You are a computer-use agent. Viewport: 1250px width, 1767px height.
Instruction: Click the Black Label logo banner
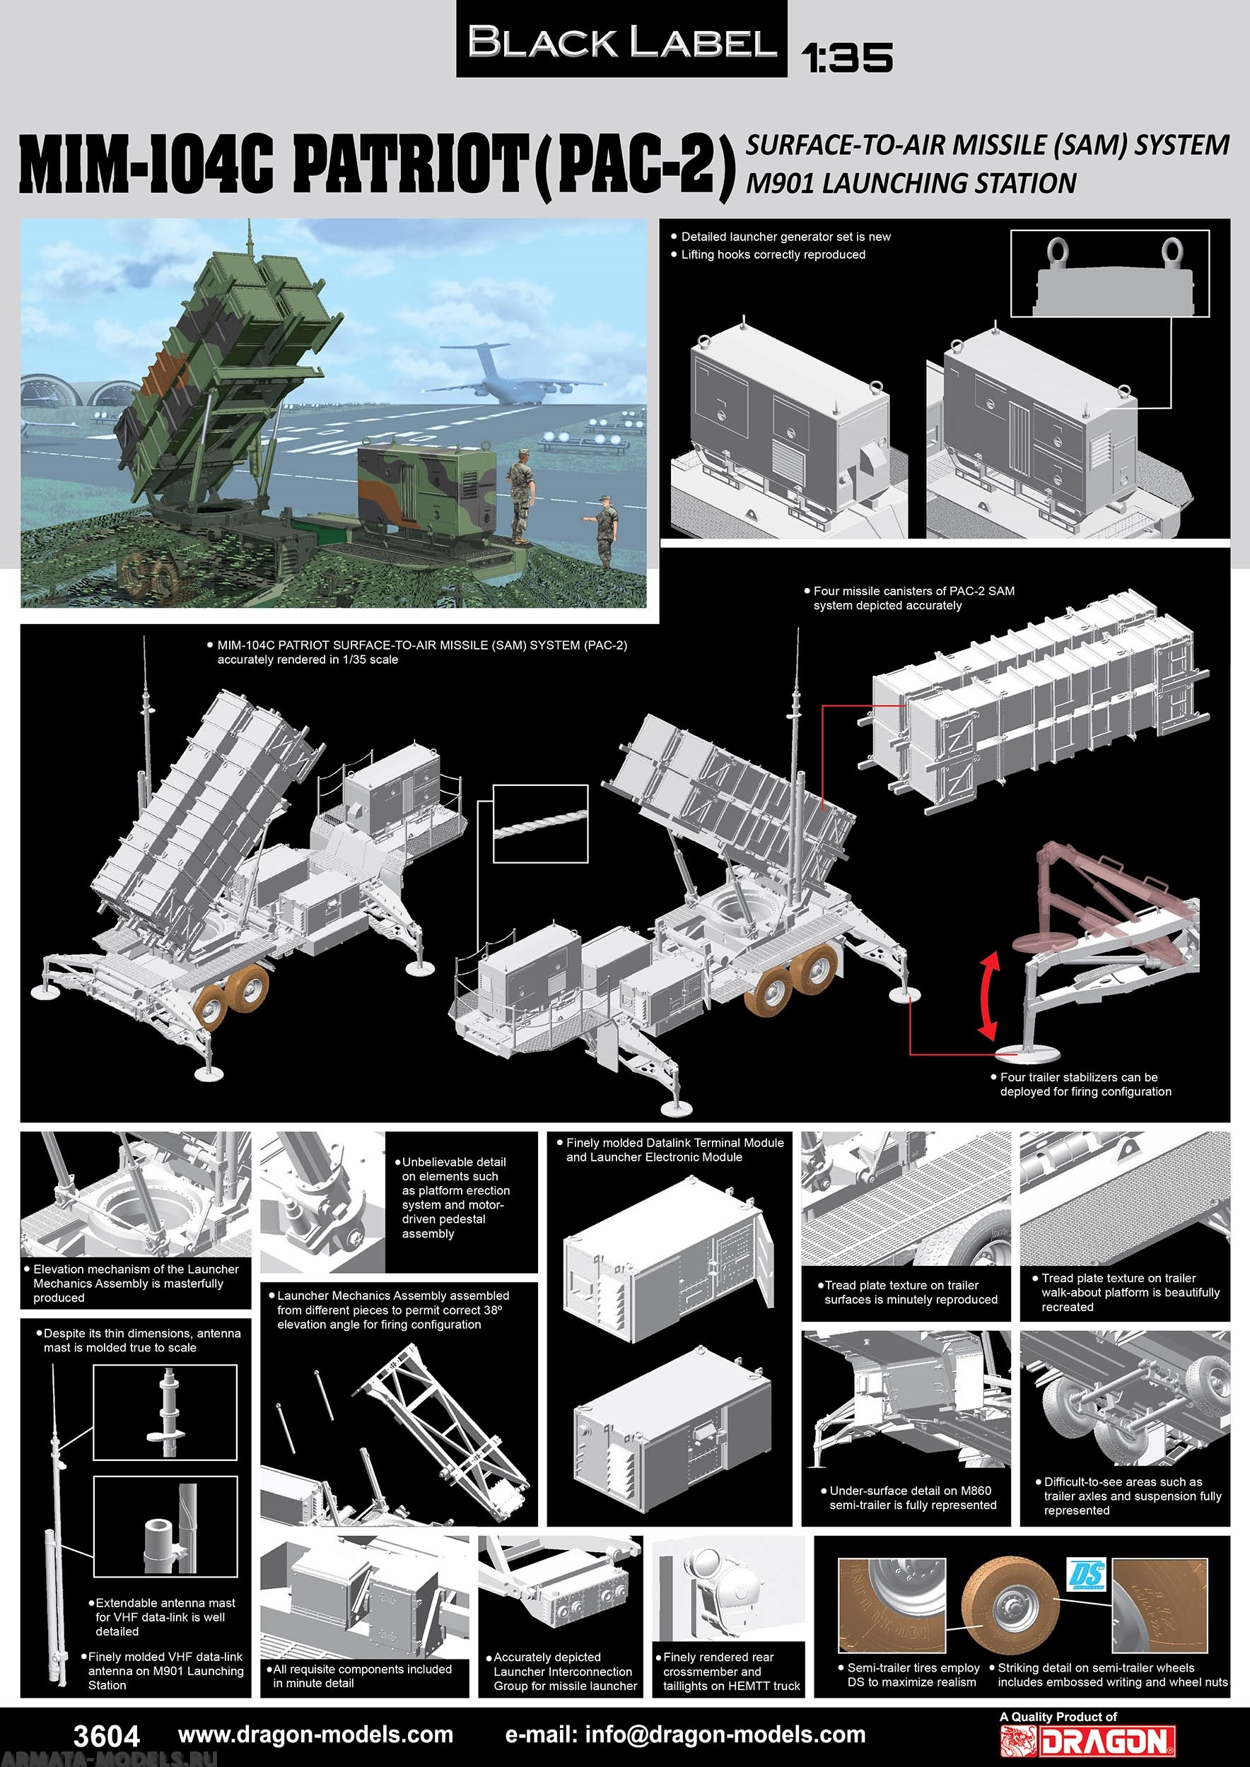tap(621, 40)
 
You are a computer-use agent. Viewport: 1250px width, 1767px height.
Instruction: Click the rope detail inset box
tap(539, 824)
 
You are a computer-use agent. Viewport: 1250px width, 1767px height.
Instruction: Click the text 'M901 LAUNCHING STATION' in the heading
tap(911, 183)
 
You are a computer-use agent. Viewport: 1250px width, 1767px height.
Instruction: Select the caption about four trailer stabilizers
tap(1085, 1084)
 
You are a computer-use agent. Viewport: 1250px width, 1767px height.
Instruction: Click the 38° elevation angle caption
tap(392, 1310)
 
